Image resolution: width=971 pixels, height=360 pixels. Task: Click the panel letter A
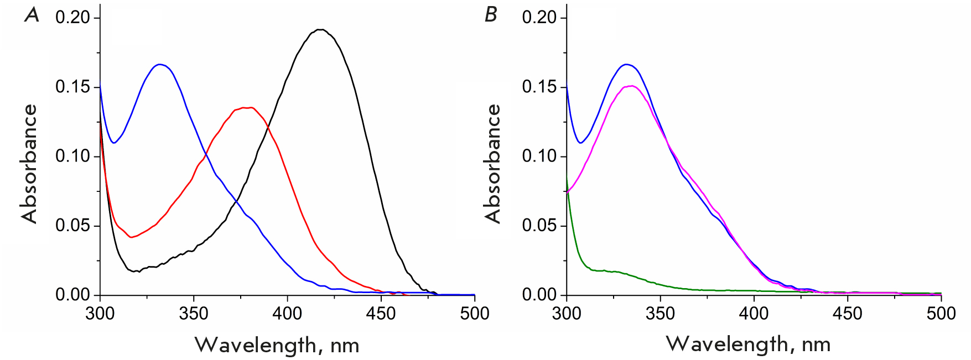32,15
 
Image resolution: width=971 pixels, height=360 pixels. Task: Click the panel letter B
491,15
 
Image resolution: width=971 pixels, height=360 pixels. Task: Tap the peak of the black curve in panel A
320,29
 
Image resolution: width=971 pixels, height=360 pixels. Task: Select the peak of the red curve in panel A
247,107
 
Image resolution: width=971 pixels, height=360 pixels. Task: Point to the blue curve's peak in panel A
160,65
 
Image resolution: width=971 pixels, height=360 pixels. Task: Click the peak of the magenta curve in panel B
631,86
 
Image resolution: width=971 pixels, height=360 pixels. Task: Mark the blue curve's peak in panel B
626,65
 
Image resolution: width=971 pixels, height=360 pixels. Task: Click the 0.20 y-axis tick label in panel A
72,18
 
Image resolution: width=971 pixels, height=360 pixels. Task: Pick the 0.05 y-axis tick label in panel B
539,226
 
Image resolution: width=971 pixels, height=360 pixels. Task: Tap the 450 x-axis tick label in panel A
381,314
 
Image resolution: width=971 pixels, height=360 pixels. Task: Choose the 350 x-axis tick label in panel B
660,314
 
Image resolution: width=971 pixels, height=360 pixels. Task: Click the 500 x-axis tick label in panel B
941,314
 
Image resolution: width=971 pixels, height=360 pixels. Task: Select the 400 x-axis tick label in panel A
287,314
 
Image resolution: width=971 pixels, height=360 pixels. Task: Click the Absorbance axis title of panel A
29,164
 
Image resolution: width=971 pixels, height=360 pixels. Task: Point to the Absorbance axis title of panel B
492,164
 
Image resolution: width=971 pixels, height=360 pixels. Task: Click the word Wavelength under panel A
255,345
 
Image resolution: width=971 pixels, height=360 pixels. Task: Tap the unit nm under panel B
816,345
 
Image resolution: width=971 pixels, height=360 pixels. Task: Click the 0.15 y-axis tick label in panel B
539,87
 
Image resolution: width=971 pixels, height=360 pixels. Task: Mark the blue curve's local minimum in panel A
114,143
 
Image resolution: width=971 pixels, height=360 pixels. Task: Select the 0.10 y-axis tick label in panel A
72,156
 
